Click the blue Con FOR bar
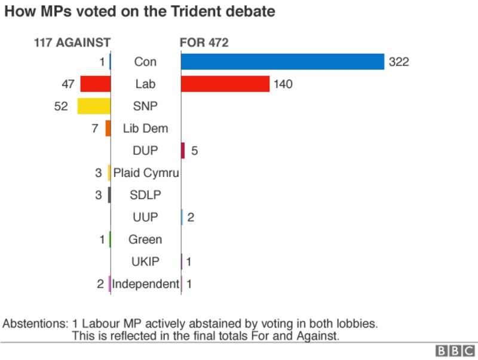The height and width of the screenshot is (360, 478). pos(282,62)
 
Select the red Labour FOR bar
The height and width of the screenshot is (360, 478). pos(225,84)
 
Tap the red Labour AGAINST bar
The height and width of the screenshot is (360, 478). pos(96,84)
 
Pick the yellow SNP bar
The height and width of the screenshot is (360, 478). pos(94,106)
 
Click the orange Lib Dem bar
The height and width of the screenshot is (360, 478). pos(108,128)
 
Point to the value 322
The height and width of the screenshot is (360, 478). pos(399,62)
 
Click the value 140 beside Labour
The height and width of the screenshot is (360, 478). pos(283,84)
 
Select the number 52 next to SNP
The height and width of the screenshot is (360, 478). pos(61,106)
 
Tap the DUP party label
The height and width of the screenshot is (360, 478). pos(145,151)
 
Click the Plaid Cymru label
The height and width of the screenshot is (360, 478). pos(146,173)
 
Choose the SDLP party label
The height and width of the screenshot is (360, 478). pos(145,195)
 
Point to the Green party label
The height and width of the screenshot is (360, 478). pos(145,239)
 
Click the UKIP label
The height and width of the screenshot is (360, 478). pos(145,261)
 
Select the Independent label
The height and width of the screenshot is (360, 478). pos(146,283)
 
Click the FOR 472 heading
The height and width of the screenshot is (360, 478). pos(204,42)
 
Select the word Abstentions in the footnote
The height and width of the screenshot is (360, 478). pos(35,324)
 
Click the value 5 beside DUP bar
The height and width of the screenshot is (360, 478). pos(194,151)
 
